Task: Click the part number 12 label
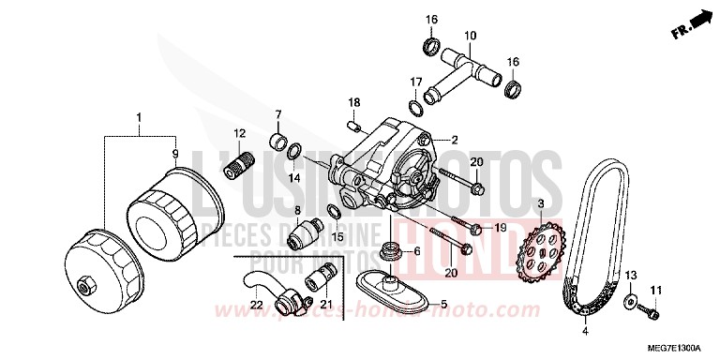[x=239, y=133]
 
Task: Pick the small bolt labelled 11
[x=654, y=309]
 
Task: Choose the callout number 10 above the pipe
[x=471, y=37]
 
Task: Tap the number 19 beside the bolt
[x=500, y=228]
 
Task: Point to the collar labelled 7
[x=277, y=143]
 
